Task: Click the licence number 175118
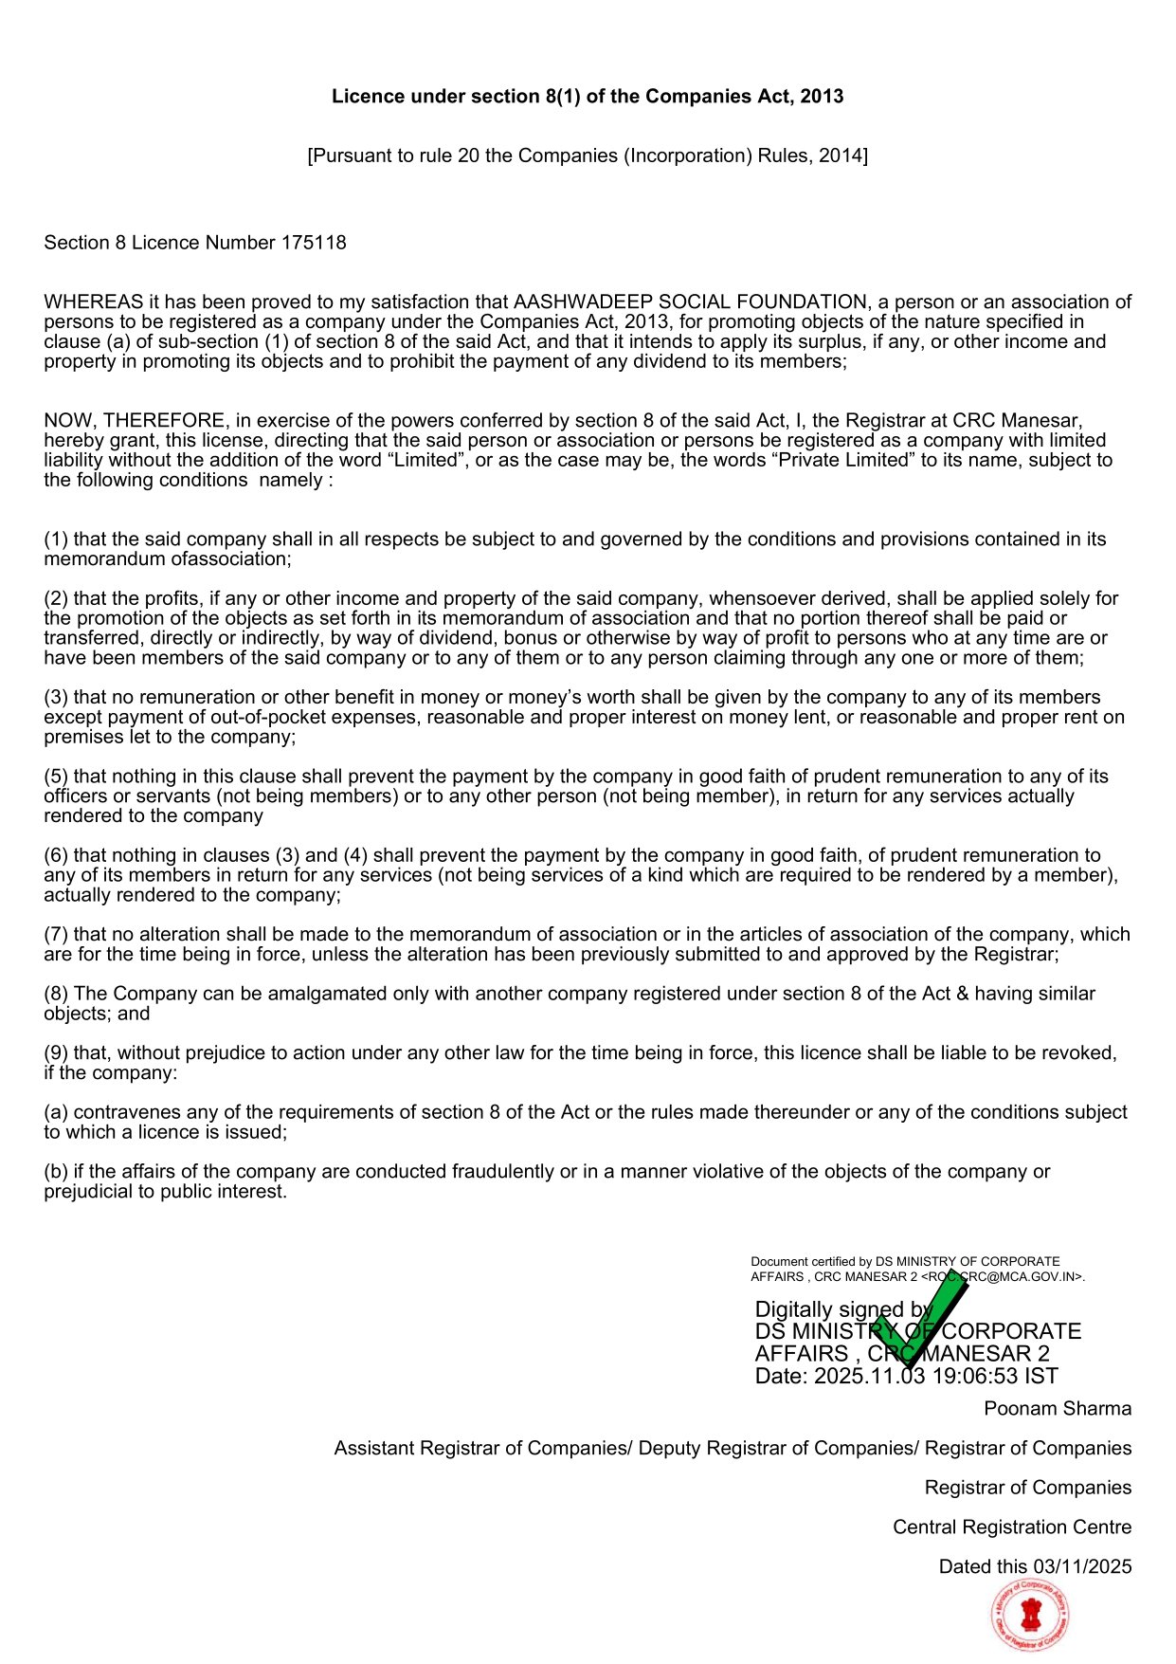(314, 243)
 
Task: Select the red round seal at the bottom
(1030, 1616)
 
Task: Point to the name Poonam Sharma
(1058, 1409)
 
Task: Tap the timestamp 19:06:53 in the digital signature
(983, 1377)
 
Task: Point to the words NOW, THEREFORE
(135, 421)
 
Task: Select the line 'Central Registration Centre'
(1012, 1527)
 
